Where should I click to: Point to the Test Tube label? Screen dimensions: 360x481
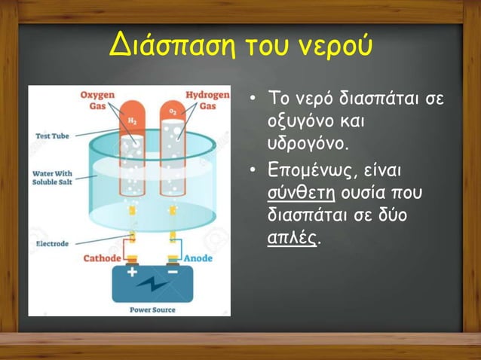[54, 136]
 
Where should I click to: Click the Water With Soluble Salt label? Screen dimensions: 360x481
[52, 177]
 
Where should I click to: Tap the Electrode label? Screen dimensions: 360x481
[53, 244]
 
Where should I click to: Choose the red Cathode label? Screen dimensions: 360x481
[101, 258]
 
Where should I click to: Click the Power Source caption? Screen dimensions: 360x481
[152, 309]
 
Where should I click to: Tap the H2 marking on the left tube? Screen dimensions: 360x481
[132, 120]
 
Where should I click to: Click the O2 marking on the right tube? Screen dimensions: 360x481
[173, 113]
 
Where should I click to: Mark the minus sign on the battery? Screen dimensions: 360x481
[173, 272]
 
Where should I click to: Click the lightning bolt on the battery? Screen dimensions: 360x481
[152, 285]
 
